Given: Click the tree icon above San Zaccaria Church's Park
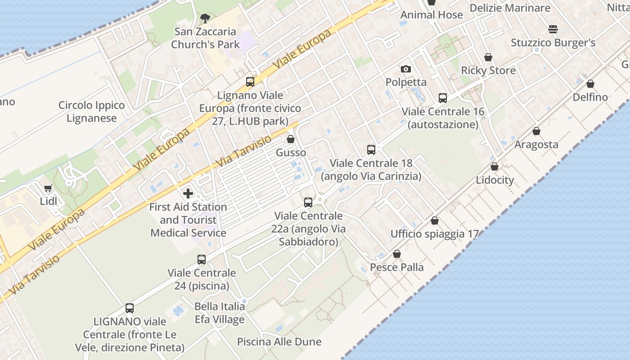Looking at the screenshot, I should point(205,18).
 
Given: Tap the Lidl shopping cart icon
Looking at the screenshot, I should point(48,189).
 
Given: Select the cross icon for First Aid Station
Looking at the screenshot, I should point(188,194).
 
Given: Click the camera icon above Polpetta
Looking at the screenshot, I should point(406,69).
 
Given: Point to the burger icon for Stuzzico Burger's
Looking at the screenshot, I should point(553,30).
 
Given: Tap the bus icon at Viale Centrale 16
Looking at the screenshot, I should point(443,98).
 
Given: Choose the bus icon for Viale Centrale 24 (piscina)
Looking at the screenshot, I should point(202,260).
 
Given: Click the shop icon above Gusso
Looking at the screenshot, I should point(291,139).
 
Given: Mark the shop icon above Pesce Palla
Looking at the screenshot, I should point(397,254).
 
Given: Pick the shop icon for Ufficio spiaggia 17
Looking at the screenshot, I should point(435,221).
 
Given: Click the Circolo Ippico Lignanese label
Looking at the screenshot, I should point(92,112).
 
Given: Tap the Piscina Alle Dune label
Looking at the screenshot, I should point(279,342).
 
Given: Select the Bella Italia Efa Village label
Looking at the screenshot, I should point(220,313).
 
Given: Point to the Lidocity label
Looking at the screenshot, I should point(495,180).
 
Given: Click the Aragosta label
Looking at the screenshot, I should point(536,144).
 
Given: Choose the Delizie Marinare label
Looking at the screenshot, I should point(510,8).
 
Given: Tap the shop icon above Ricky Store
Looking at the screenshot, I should point(488,58).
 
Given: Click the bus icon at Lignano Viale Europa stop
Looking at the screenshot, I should point(250,82).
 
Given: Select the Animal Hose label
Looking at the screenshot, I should point(432,15).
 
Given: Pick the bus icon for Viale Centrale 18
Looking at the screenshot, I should point(371,150).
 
